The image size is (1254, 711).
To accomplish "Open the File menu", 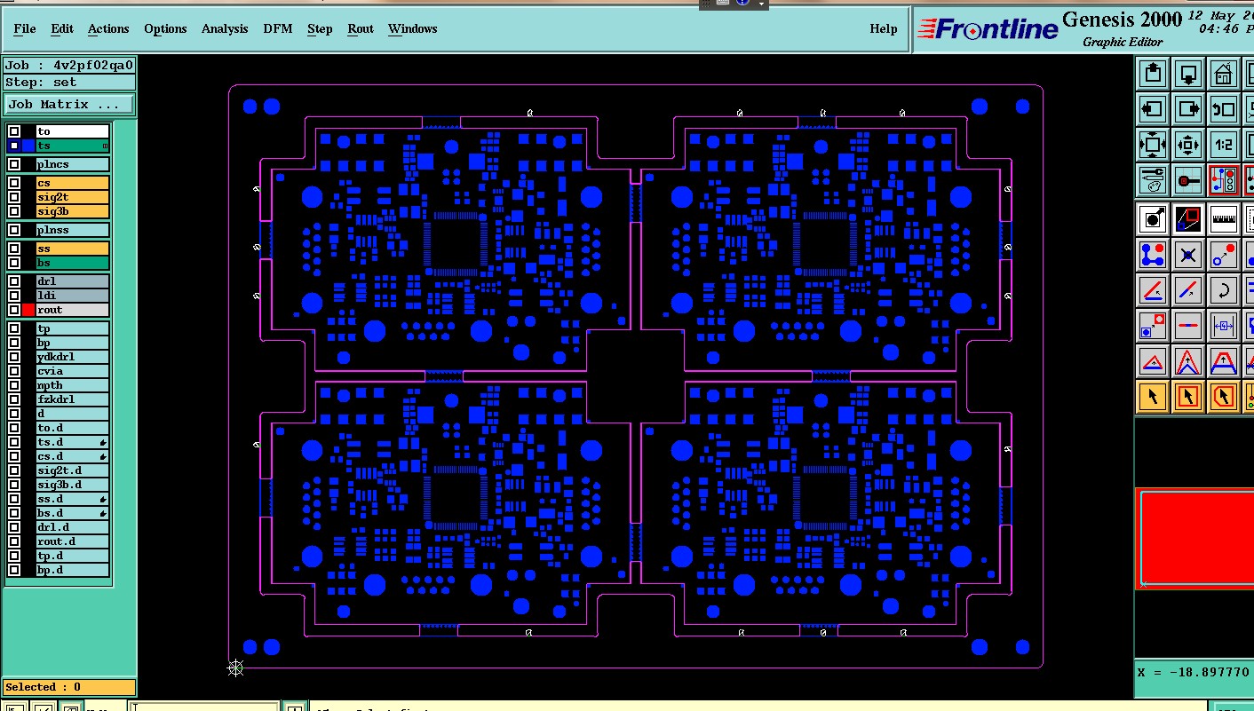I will tap(25, 28).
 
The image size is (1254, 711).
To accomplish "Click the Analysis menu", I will tap(225, 28).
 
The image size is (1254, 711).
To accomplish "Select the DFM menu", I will tap(278, 28).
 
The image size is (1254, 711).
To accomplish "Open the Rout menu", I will tap(361, 28).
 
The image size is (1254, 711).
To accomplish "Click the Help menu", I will tap(883, 28).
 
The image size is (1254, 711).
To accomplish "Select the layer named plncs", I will tap(72, 164).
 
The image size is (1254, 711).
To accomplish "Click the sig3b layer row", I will tap(72, 211).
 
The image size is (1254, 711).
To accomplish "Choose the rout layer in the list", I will tap(72, 310).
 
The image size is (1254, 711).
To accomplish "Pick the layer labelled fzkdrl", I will tap(72, 399).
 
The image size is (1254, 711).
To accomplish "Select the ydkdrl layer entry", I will tap(72, 357).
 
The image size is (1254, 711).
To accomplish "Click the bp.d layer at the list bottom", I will tap(72, 570).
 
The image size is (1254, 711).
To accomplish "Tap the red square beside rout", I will tap(28, 310).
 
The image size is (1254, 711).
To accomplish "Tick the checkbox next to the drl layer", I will tap(14, 281).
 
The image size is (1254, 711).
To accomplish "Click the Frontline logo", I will tap(988, 29).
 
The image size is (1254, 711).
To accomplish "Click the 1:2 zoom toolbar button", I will tap(1224, 144).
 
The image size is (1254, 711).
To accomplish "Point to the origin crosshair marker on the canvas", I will tap(235, 668).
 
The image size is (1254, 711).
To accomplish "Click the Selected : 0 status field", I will tap(69, 687).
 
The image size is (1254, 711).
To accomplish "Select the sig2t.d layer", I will tap(72, 470).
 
